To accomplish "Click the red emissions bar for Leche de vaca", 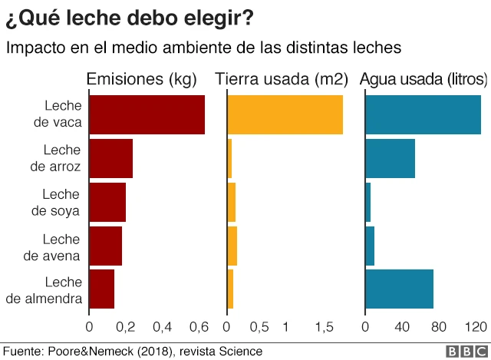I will click(147, 115).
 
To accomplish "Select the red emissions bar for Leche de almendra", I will click(101, 289).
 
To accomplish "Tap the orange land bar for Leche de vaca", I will click(285, 115).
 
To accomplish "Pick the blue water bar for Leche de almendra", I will click(399, 289).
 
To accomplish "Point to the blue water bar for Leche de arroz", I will click(390, 158).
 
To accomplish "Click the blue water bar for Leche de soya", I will click(367, 202).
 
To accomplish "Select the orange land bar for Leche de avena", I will click(232, 246).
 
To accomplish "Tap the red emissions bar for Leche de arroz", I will click(110, 158).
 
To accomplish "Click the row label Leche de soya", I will click(61, 202).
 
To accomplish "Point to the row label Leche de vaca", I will click(61, 115).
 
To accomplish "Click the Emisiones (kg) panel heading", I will click(141, 79).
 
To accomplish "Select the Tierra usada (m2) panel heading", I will click(282, 79).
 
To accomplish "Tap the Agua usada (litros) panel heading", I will click(423, 79).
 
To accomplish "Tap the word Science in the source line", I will click(240, 351).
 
